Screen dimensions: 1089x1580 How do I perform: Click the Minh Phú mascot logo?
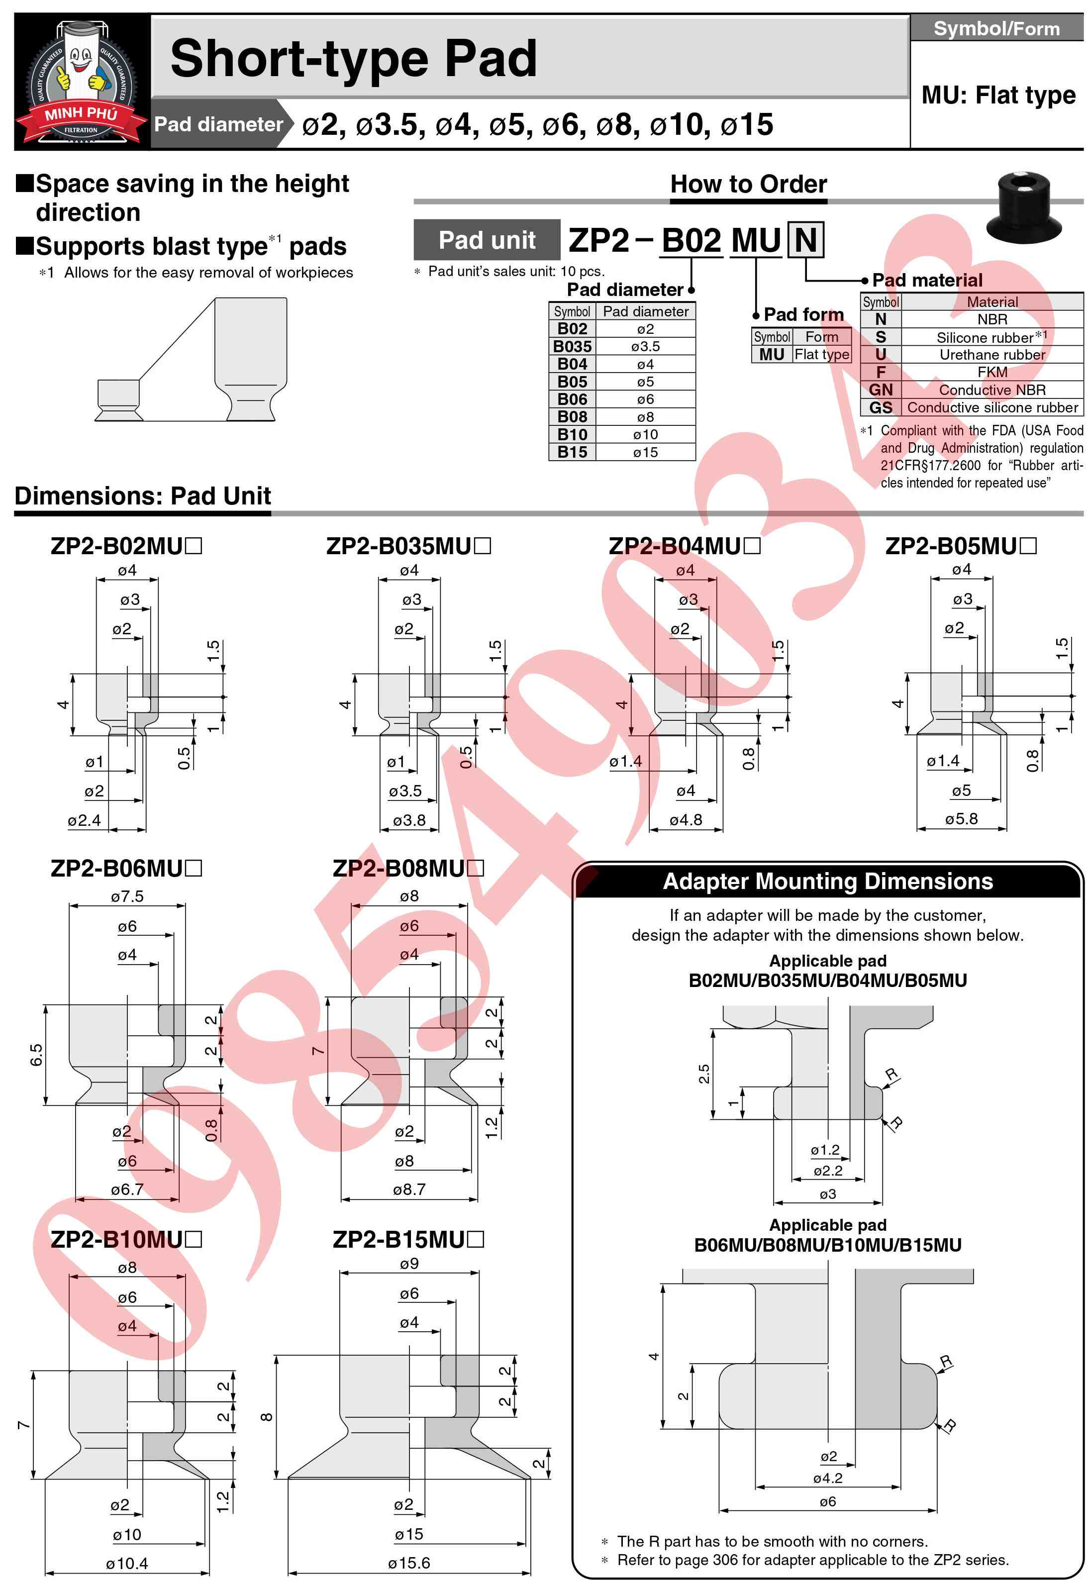pos(81,81)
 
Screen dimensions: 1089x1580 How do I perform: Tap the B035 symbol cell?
pos(573,347)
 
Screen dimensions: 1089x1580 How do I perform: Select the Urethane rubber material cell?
pos(992,355)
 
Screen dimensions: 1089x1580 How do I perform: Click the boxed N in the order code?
pos(806,240)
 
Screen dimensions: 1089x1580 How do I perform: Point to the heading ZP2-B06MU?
pos(125,869)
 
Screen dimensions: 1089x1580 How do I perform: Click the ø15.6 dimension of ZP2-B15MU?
pos(409,1563)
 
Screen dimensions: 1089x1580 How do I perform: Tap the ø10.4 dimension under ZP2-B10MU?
pos(127,1564)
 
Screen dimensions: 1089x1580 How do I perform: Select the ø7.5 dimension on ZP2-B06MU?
pos(127,896)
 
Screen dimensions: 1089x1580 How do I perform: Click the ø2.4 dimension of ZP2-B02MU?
pos(85,821)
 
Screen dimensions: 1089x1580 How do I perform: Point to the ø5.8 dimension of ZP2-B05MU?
pos(961,819)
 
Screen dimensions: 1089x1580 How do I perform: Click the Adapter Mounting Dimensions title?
pos(828,882)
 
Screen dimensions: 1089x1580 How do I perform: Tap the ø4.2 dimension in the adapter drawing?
pos(828,1479)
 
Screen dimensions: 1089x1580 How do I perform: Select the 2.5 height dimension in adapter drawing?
pos(703,1074)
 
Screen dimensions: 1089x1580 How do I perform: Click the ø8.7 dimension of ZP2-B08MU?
pos(409,1190)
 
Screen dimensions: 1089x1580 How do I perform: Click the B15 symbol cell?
pos(573,452)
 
